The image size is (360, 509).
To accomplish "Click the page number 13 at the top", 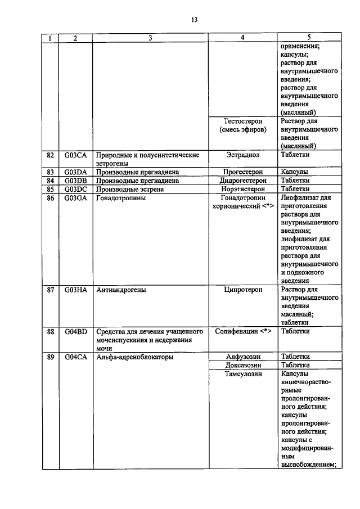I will point(195,20).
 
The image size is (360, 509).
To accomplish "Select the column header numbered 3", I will point(150,38).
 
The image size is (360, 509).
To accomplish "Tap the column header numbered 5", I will point(309,38).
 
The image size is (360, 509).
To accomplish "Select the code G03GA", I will point(75,197).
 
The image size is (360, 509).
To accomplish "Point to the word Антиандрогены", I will point(122,290).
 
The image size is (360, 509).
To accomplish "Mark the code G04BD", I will point(75,332).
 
